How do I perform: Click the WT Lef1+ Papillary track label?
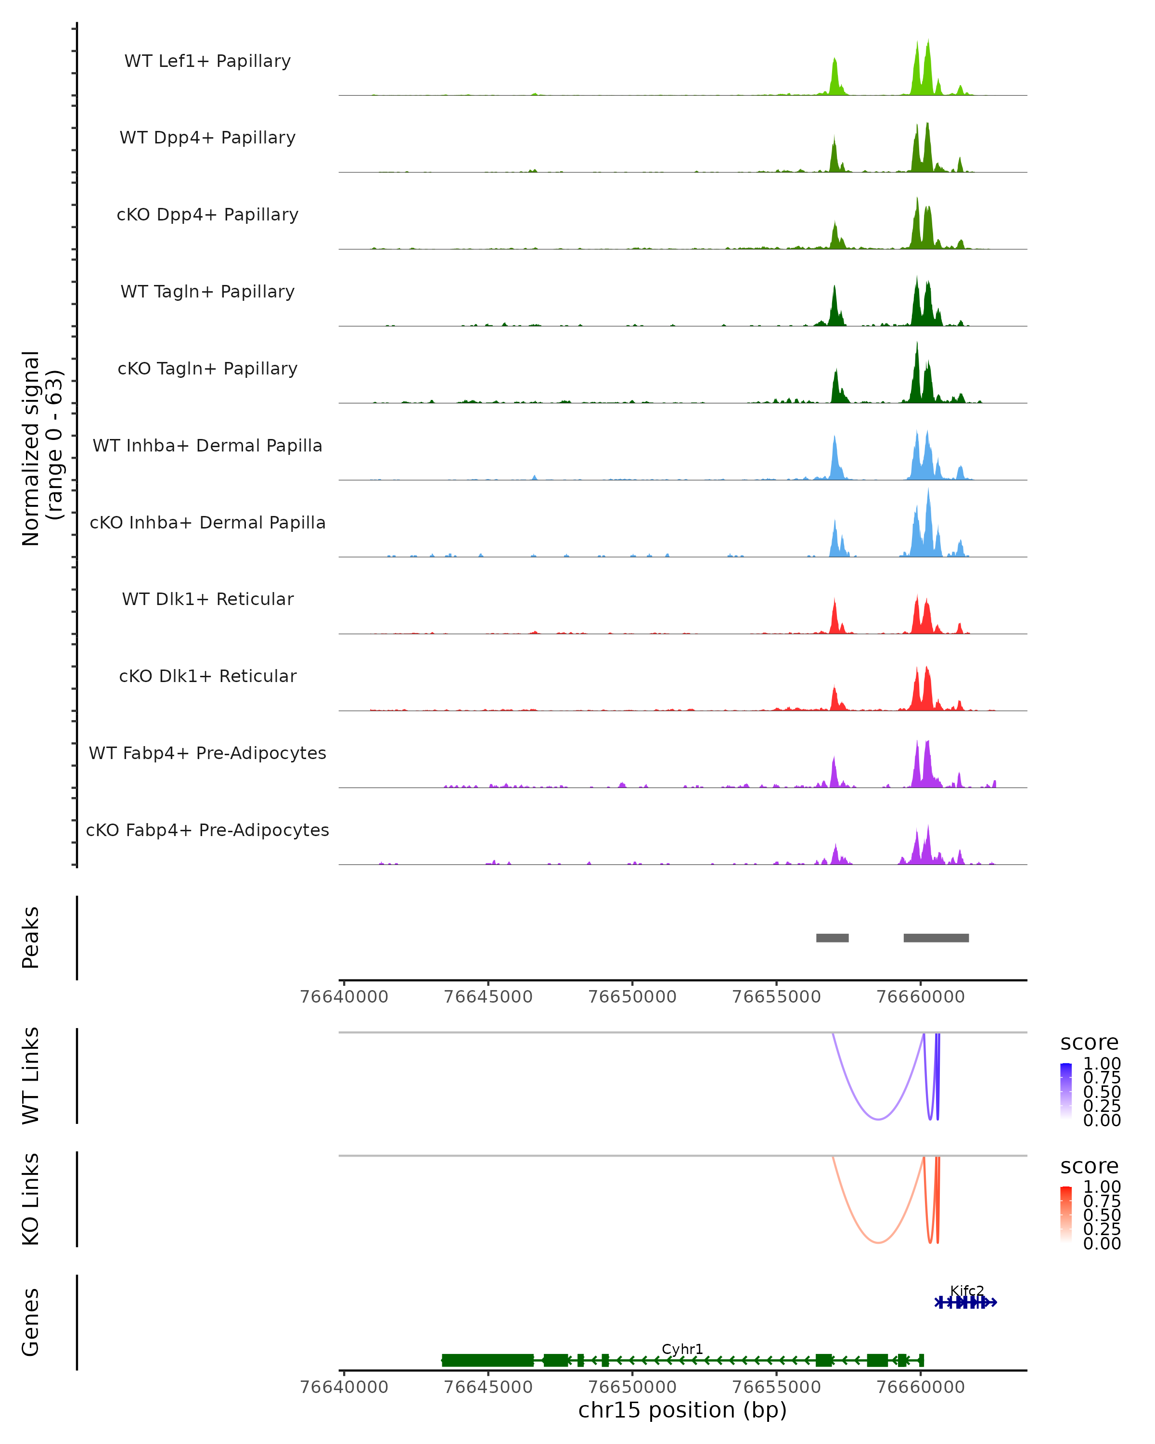(207, 61)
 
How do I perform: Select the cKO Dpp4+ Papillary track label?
(207, 214)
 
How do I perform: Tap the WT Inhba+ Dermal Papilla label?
(207, 445)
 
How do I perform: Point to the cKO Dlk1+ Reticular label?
(207, 676)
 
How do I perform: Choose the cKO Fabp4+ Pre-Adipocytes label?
(207, 830)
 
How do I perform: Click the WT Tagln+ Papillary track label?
(207, 291)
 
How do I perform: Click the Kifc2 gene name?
(967, 1290)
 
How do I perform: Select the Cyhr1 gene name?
(682, 1349)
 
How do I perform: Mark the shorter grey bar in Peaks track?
(832, 938)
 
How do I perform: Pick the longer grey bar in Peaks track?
(936, 938)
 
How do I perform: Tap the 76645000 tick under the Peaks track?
(488, 997)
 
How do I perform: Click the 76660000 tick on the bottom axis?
(921, 1386)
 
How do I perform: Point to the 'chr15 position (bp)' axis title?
(682, 1410)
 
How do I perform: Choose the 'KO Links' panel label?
(31, 1199)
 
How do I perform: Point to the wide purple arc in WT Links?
(878, 1119)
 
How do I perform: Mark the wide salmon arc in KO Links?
(878, 1242)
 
